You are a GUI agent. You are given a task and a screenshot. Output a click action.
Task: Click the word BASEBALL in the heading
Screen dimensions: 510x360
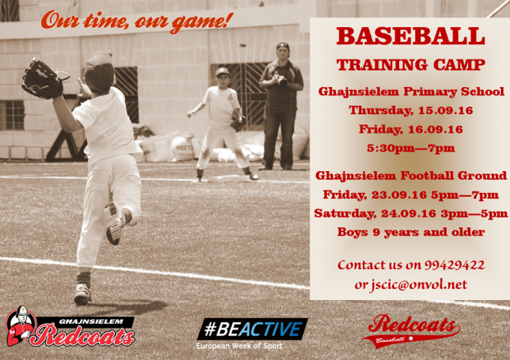tap(410, 36)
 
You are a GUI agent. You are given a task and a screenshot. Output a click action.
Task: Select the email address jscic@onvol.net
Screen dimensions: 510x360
tap(418, 284)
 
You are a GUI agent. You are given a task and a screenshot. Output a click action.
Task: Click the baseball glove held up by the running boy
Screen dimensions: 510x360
tap(42, 79)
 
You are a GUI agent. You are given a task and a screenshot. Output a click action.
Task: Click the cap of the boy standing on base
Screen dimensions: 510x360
tap(223, 71)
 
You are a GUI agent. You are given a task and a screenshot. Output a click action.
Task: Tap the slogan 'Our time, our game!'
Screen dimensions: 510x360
tap(137, 22)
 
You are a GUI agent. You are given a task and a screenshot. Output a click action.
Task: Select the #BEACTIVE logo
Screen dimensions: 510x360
tap(253, 328)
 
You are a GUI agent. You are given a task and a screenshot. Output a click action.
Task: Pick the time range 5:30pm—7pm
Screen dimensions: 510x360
tap(411, 148)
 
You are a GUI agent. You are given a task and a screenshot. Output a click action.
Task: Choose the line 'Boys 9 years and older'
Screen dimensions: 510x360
tap(411, 232)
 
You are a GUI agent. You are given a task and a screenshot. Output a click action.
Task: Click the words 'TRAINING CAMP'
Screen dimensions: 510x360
tap(411, 64)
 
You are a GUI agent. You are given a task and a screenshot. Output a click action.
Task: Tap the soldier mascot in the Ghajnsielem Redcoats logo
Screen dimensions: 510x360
tap(20, 325)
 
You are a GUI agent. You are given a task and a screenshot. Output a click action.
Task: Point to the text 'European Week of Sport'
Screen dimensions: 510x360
tap(239, 346)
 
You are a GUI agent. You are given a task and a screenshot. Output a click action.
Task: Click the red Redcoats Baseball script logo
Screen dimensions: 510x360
tap(411, 331)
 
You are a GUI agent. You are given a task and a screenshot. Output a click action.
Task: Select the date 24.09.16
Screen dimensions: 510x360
tap(409, 213)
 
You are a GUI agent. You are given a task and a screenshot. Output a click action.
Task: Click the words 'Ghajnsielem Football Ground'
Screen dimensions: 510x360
tap(411, 175)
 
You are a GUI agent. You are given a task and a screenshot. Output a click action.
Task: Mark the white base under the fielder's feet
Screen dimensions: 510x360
tap(229, 178)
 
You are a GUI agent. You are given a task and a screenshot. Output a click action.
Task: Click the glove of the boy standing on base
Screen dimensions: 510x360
tap(238, 124)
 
